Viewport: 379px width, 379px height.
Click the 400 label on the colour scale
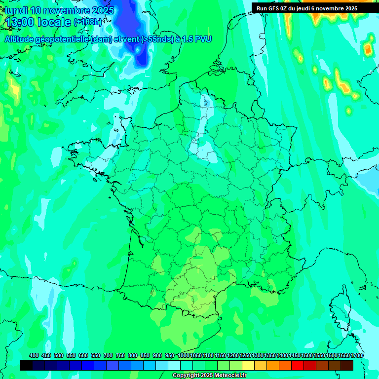[x=34, y=355]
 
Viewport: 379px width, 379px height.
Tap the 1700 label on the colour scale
[x=356, y=355]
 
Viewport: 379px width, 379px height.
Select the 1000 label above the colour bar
[x=184, y=355]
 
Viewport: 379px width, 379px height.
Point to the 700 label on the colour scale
[x=108, y=355]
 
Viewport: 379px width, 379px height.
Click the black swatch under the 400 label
[x=26, y=365]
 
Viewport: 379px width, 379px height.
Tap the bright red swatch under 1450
[x=298, y=365]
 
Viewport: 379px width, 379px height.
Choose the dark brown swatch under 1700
[x=347, y=365]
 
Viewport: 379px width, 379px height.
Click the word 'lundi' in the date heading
[x=16, y=10]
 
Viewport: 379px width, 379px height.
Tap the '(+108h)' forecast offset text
[x=88, y=22]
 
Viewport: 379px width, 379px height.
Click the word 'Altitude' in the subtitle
[x=23, y=39]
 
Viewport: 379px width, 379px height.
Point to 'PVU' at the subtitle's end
[x=203, y=39]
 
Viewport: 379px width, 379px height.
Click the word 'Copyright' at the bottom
[x=186, y=376]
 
